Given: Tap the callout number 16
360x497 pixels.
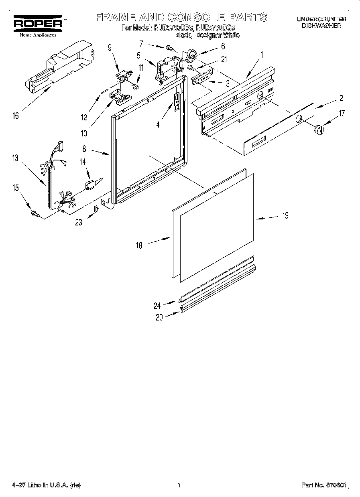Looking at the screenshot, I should [15, 116].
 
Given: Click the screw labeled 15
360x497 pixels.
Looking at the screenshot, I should [35, 215].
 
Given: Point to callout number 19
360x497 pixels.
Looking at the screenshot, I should [285, 216].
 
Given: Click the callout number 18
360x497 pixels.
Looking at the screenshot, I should [139, 245].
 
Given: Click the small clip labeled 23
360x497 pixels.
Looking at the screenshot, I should [96, 209].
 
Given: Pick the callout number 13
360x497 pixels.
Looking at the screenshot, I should [15, 158].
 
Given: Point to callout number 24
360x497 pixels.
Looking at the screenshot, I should [157, 306].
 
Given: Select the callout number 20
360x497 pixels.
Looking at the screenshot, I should [159, 317].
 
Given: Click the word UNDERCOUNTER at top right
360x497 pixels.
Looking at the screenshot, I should [321, 19].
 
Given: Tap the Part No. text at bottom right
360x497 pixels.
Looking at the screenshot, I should [323, 485].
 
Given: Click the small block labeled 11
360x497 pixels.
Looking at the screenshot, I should [136, 85].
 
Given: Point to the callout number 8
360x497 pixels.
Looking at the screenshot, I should [84, 149].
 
